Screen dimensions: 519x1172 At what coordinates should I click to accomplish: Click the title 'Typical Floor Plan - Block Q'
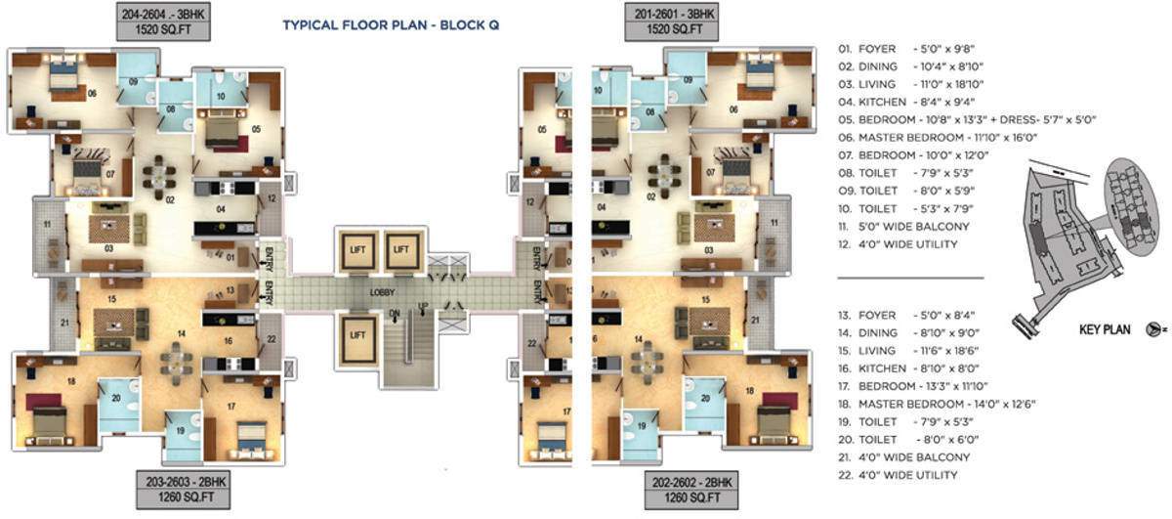pyautogui.click(x=391, y=25)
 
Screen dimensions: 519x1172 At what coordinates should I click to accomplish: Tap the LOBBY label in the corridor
pyautogui.click(x=381, y=292)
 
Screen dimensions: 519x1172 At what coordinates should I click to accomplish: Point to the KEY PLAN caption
pyautogui.click(x=1105, y=330)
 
